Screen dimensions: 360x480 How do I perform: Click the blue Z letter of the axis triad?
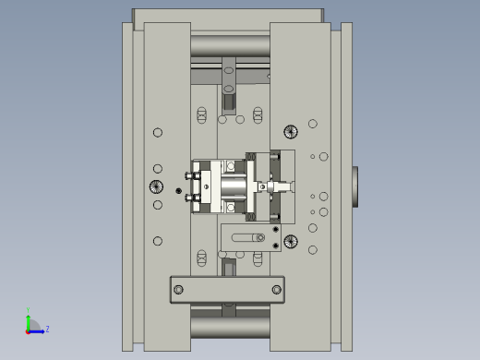click(x=47, y=329)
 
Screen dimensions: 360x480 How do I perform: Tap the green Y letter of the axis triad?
click(x=29, y=311)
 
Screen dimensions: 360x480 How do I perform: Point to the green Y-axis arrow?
click(x=29, y=321)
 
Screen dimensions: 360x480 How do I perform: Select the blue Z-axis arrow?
click(x=39, y=330)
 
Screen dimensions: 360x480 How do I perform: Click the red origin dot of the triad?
click(x=28, y=330)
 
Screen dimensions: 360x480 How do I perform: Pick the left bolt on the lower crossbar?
click(x=179, y=290)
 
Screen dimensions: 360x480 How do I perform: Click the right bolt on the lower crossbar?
click(x=276, y=290)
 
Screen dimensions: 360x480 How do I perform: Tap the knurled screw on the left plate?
click(x=156, y=187)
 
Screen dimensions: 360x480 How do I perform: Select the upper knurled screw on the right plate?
click(x=291, y=131)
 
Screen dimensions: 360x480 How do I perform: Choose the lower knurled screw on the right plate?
click(x=291, y=242)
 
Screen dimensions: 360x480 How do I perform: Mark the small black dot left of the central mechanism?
click(x=178, y=191)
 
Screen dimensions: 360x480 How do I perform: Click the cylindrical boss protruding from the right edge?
click(x=355, y=186)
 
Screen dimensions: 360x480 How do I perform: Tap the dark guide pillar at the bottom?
click(x=230, y=325)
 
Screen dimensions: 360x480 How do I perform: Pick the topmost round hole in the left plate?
click(x=158, y=133)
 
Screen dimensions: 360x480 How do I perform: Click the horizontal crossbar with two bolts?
click(x=227, y=290)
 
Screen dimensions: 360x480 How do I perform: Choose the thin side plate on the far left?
click(x=127, y=185)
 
